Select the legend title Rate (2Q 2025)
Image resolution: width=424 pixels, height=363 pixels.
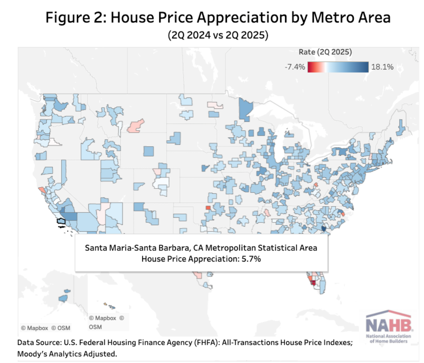pyautogui.click(x=325, y=52)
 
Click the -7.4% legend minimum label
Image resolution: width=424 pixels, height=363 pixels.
pyautogui.click(x=295, y=67)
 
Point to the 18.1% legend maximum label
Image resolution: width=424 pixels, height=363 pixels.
pyautogui.click(x=382, y=67)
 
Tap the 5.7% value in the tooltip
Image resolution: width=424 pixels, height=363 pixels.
pyautogui.click(x=250, y=259)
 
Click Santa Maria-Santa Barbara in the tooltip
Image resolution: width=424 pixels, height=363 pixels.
pyautogui.click(x=132, y=248)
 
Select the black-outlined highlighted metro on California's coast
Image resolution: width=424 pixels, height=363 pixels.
pyautogui.click(x=61, y=220)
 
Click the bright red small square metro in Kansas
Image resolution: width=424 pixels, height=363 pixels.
pyautogui.click(x=208, y=208)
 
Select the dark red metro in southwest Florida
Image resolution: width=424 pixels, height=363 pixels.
pyautogui.click(x=313, y=282)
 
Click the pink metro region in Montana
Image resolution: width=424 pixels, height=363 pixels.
pyautogui.click(x=136, y=125)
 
